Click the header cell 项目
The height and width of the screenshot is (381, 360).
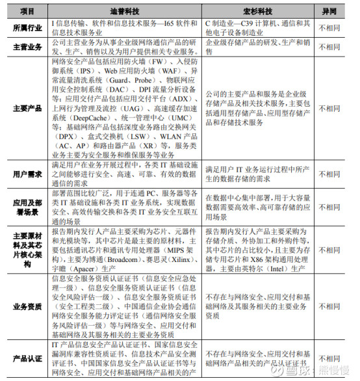pyautogui.click(x=27, y=12)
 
